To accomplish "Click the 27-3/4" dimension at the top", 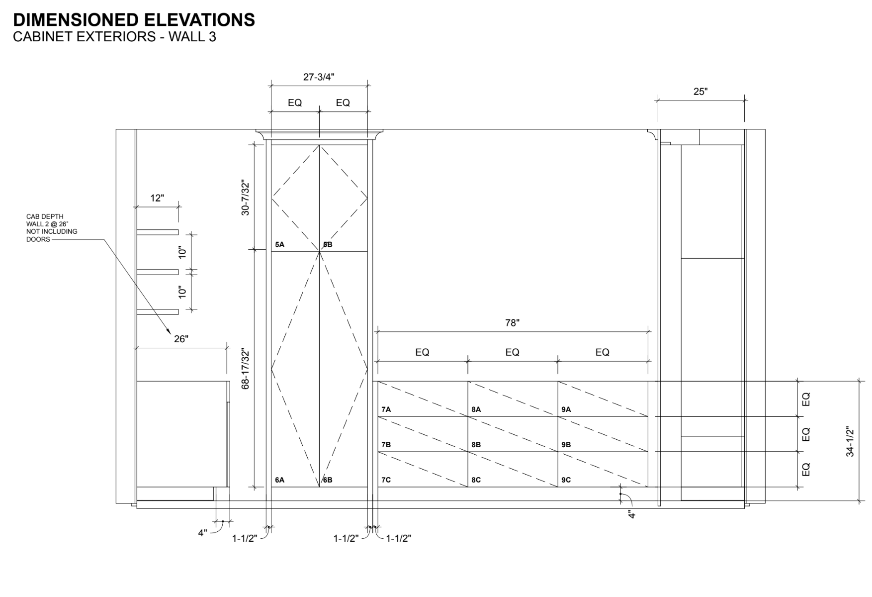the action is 319,77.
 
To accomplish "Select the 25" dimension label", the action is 700,92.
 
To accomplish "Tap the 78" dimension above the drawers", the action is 512,323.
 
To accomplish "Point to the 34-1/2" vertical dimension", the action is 850,442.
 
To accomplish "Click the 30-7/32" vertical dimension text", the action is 245,198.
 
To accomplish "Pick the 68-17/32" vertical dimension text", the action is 245,369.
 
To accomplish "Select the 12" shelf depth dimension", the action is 157,198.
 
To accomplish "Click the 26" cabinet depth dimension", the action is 181,339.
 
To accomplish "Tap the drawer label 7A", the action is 386,409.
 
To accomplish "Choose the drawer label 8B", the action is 476,445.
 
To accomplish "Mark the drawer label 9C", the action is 566,480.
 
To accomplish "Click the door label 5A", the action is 279,245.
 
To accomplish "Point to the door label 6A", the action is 279,480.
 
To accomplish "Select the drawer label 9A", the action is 566,409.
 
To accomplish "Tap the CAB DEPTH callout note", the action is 52,228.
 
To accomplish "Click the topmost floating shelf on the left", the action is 158,232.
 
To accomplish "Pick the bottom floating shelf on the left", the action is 158,312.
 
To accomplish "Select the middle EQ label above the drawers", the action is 512,352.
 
